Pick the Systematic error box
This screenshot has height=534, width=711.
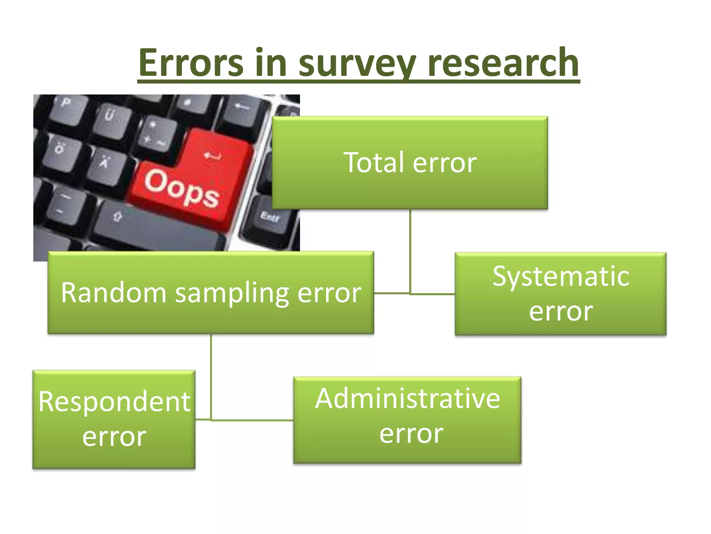point(560,294)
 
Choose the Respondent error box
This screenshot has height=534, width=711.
point(114,419)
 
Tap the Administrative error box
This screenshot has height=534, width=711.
point(407,420)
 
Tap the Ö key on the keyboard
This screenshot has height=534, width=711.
point(60,148)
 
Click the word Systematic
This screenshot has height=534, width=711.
point(561,276)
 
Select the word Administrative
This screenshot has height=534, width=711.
point(408,398)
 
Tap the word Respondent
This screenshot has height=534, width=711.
point(115,402)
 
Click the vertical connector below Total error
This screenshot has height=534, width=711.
point(410,250)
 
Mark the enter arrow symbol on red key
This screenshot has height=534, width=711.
point(212,155)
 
